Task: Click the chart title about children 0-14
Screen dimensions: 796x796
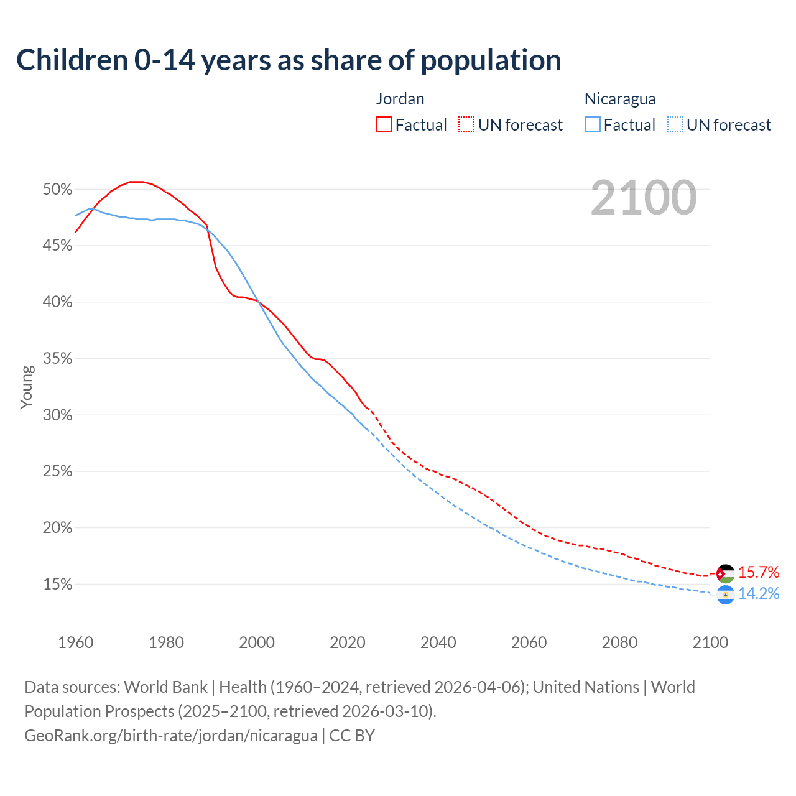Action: pyautogui.click(x=289, y=60)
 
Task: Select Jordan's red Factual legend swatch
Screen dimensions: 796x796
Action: pyautogui.click(x=383, y=125)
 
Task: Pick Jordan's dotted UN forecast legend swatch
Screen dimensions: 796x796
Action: pyautogui.click(x=466, y=125)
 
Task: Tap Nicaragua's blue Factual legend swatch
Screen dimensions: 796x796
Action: pyautogui.click(x=592, y=125)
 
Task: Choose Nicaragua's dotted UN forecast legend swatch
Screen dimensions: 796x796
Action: pyautogui.click(x=675, y=125)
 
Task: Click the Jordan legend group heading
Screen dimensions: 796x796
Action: pyautogui.click(x=400, y=99)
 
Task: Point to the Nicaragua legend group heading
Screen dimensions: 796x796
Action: pyautogui.click(x=619, y=99)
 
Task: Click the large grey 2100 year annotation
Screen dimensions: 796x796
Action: pyautogui.click(x=643, y=198)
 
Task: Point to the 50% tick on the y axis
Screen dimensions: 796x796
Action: pyautogui.click(x=57, y=189)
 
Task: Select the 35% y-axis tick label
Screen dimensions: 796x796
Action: pyautogui.click(x=57, y=359)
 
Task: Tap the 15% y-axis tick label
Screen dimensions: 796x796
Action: pyautogui.click(x=57, y=585)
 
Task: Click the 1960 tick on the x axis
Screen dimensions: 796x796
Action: pyautogui.click(x=75, y=642)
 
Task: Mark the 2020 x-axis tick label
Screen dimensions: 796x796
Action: pyautogui.click(x=348, y=642)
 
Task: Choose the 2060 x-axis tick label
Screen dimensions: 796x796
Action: pyautogui.click(x=529, y=642)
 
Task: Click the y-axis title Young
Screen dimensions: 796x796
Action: pyautogui.click(x=27, y=387)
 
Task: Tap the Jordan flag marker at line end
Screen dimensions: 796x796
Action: pyautogui.click(x=725, y=573)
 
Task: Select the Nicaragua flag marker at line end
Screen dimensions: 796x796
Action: pyautogui.click(x=725, y=595)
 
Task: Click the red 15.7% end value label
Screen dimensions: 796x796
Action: pyautogui.click(x=758, y=572)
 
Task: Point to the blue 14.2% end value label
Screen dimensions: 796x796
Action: pyautogui.click(x=758, y=594)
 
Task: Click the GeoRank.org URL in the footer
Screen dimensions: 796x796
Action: pyautogui.click(x=171, y=736)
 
